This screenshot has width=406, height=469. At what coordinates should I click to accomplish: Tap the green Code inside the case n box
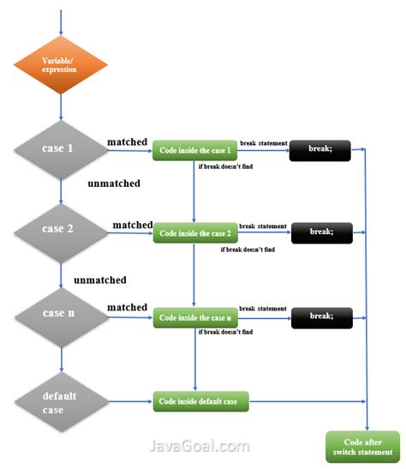tap(194, 318)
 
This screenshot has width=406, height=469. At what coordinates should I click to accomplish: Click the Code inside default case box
tap(200, 400)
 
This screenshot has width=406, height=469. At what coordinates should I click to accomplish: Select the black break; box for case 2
tap(321, 231)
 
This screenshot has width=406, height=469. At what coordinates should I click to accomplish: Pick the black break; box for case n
tap(321, 317)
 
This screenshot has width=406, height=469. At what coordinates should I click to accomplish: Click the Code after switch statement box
tap(363, 446)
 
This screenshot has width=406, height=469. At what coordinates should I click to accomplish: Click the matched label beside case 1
tap(128, 141)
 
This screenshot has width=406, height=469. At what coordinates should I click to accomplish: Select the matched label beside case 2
tap(132, 225)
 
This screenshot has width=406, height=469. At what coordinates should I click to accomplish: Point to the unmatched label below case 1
tap(113, 183)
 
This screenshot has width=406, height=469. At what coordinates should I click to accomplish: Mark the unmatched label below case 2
tap(100, 280)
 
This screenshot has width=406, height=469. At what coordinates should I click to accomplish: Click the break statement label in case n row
tap(263, 308)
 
